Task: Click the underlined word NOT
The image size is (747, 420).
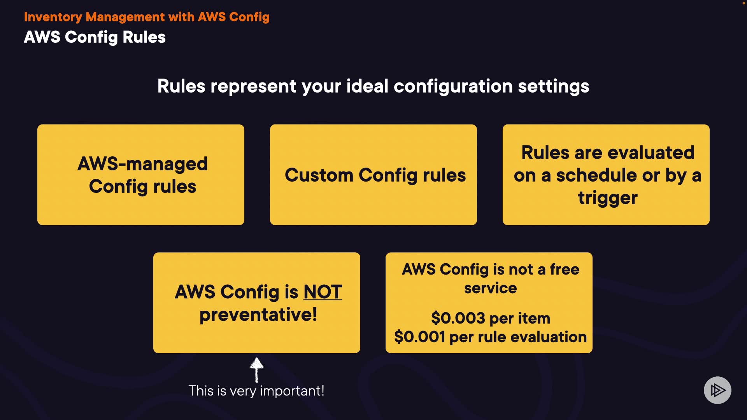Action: point(323,292)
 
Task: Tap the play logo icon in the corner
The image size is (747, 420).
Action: point(717,390)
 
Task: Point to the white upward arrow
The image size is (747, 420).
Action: point(256,370)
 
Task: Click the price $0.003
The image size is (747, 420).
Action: point(458,318)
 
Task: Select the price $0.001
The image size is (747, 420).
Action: point(419,337)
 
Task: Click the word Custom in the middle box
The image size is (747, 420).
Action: point(319,175)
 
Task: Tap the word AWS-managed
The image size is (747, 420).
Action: point(142,164)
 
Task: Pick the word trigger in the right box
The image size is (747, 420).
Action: point(607,198)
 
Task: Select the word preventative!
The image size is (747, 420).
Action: point(258,315)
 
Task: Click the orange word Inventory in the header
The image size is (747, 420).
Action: point(53,17)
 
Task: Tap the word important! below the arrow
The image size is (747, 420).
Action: point(292,391)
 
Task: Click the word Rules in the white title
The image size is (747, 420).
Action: point(144,37)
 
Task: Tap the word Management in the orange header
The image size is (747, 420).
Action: point(125,17)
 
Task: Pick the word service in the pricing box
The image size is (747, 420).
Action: point(490,288)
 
